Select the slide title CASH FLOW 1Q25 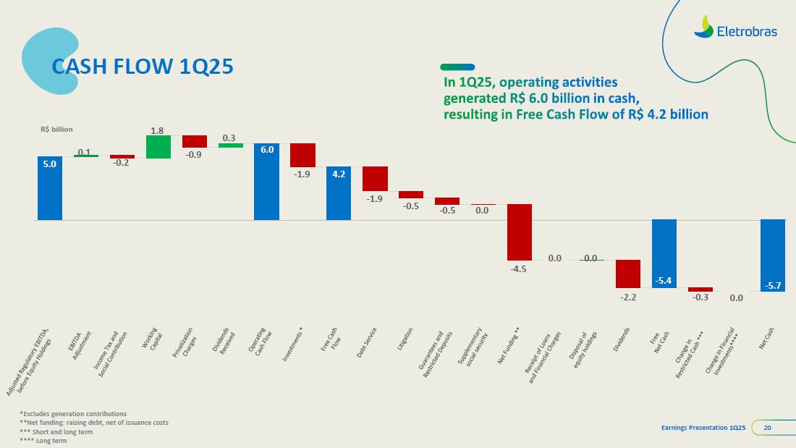tap(143, 67)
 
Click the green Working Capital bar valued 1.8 tap(158, 146)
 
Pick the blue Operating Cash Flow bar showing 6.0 tap(266, 182)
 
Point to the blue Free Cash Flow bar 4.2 tap(339, 193)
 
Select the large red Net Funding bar tap(519, 232)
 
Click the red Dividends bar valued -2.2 tap(627, 274)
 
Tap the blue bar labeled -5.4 tap(664, 253)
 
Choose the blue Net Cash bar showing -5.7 tap(772, 255)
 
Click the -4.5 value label tap(519, 269)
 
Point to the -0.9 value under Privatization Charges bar tap(195, 155)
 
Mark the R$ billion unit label tap(56, 130)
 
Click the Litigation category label tap(406, 339)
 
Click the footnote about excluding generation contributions tap(73, 413)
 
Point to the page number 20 tap(767, 428)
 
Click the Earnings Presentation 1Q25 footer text tap(703, 428)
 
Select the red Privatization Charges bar tap(195, 141)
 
